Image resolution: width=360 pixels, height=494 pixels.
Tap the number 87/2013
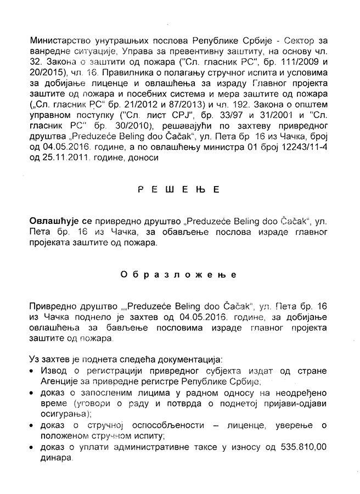click(188, 102)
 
